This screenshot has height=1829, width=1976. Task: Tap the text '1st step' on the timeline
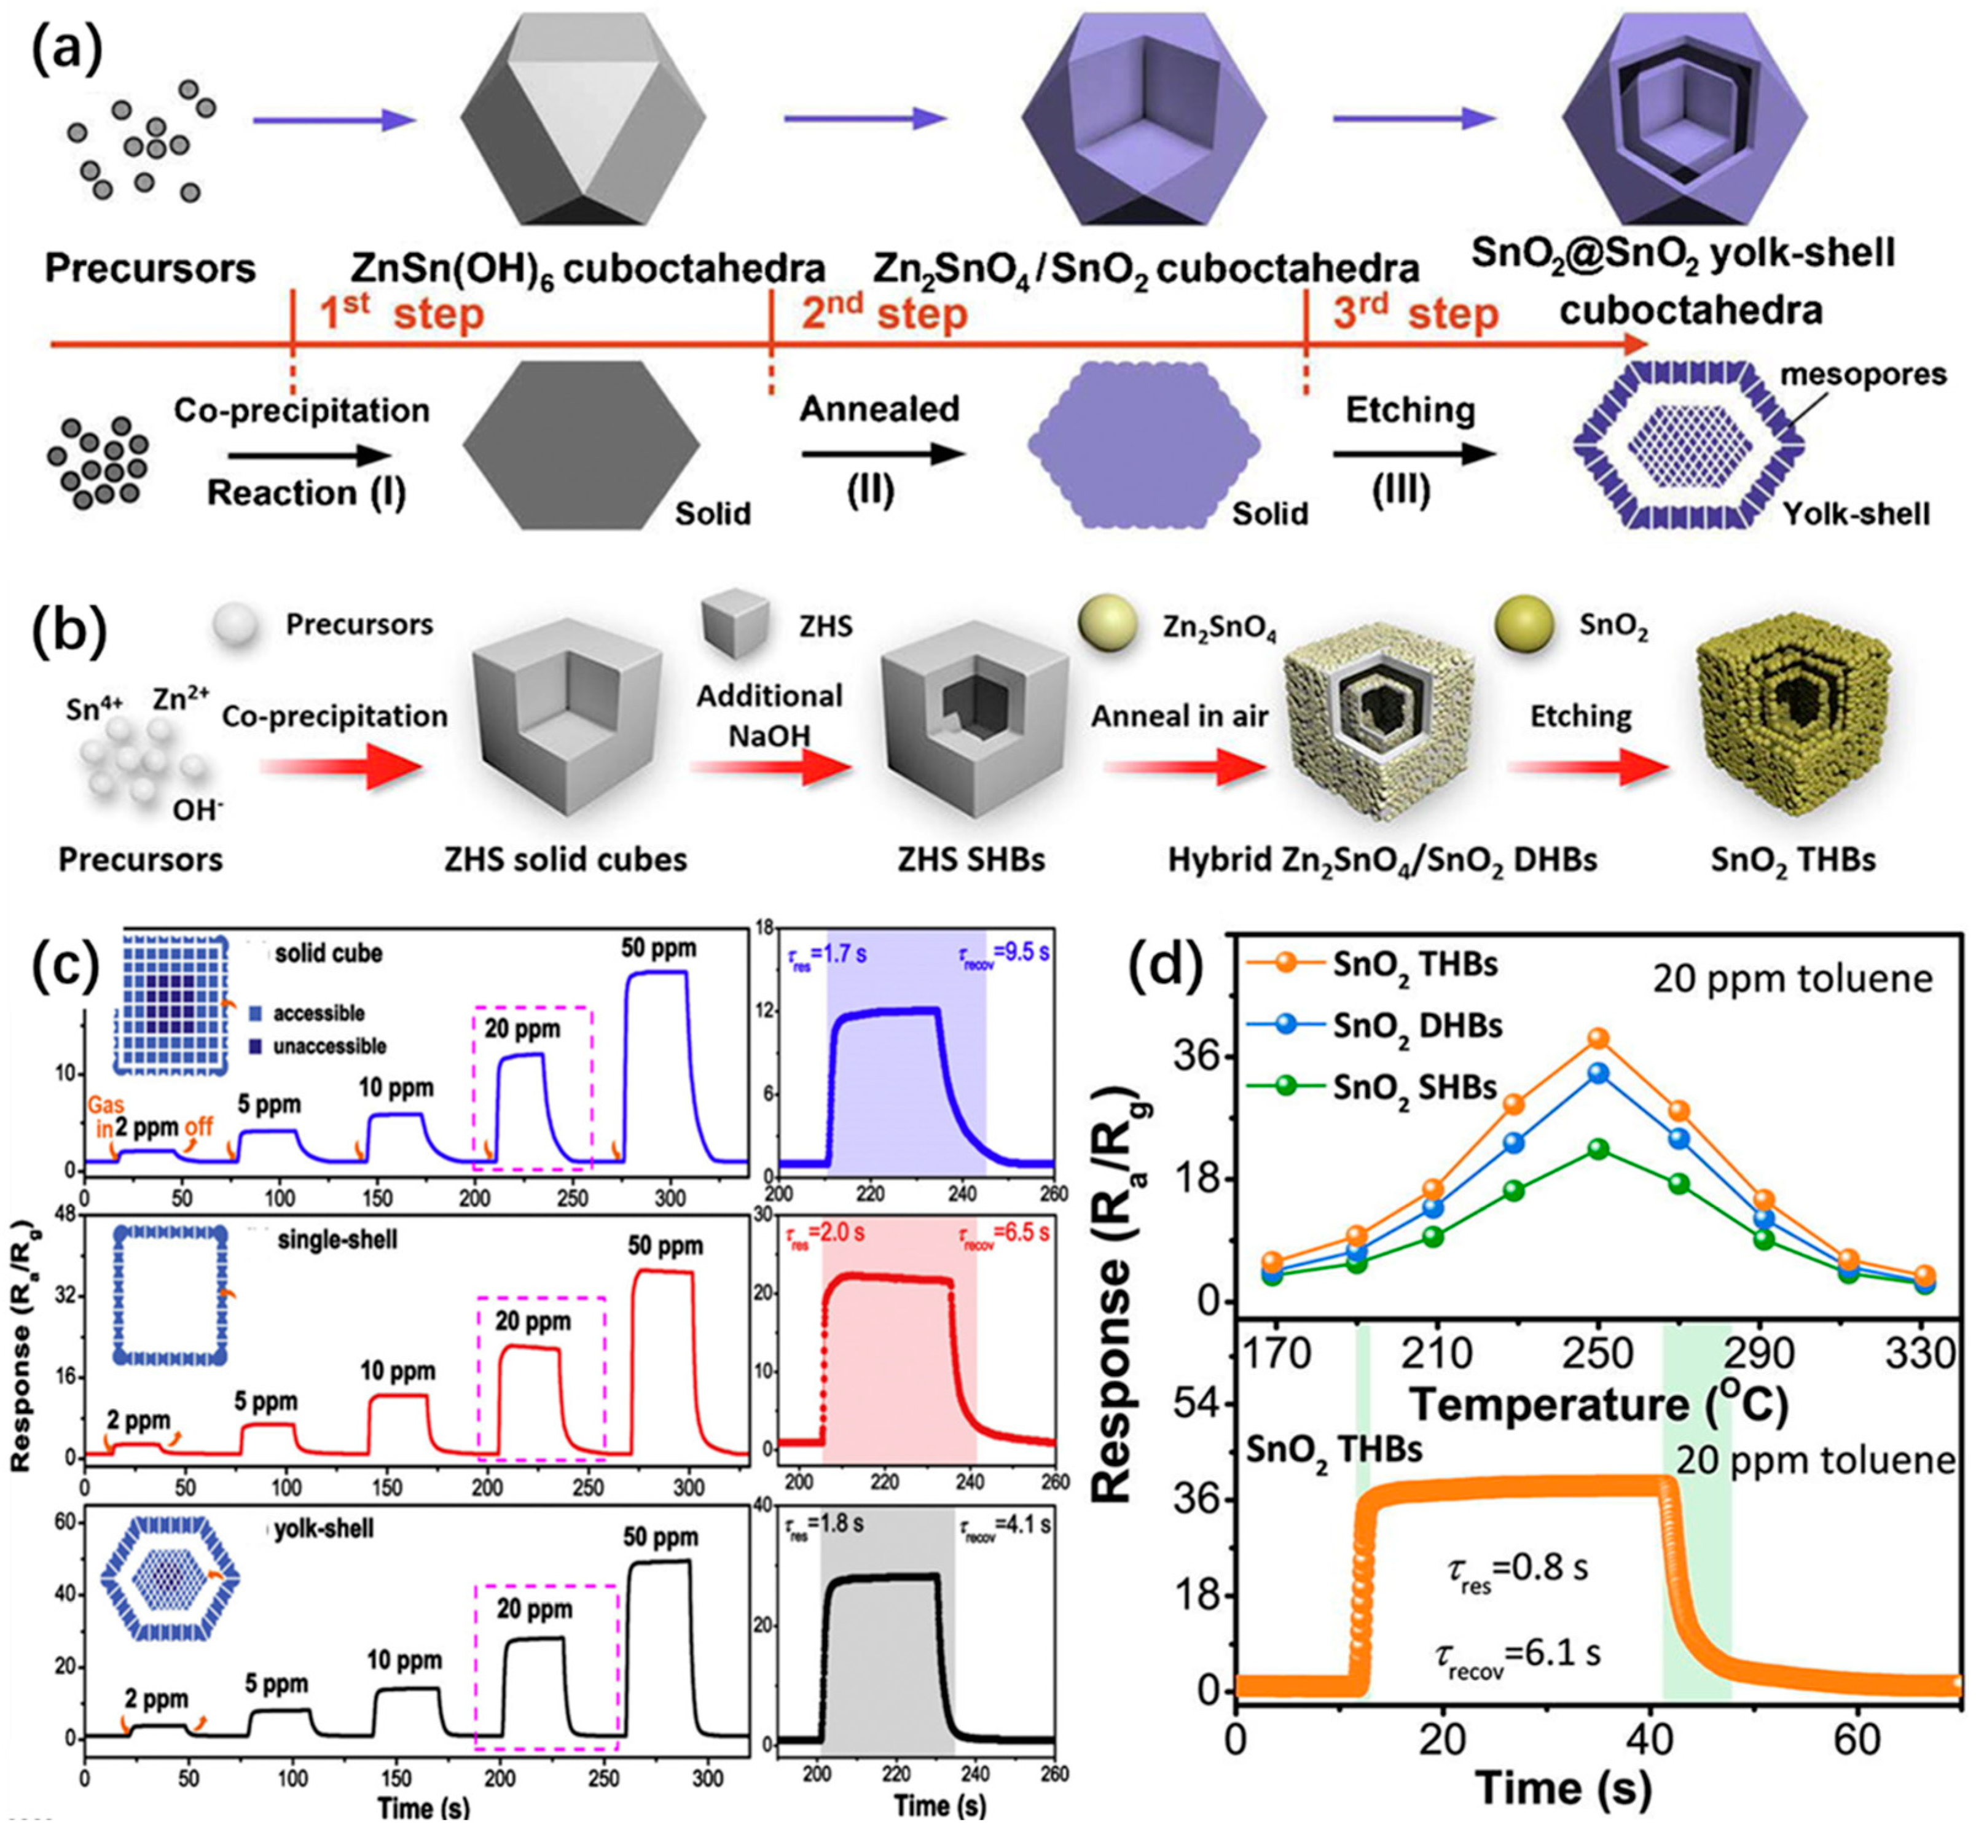401,314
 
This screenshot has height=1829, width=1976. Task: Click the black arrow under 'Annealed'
881,454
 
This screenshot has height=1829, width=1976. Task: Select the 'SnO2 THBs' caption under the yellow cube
1793,859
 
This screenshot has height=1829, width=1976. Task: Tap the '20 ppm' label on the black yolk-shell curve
535,1609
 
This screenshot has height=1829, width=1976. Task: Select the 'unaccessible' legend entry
330,1046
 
